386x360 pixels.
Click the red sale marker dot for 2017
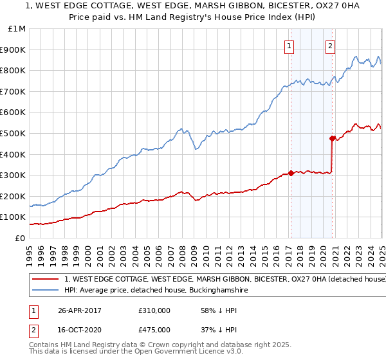291,173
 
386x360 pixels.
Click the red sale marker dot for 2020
332,138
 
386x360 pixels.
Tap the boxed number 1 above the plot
289,46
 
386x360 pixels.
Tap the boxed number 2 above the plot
330,46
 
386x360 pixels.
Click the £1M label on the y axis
18,29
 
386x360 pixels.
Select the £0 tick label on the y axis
20,238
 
